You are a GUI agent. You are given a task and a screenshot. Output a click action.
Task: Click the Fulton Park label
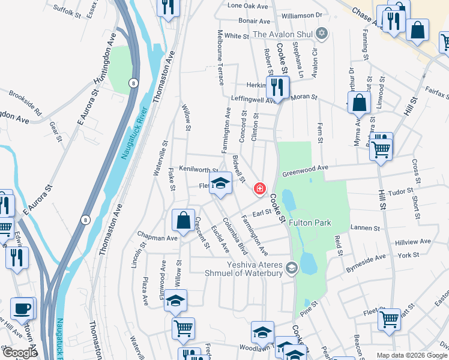coord(310,223)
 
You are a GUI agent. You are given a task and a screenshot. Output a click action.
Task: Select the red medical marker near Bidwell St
coord(259,189)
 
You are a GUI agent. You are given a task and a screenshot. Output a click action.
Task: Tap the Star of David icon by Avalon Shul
coord(322,32)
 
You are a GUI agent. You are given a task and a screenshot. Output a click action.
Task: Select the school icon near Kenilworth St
coord(220,183)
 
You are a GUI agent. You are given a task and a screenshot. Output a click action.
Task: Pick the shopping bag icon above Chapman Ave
coord(183,220)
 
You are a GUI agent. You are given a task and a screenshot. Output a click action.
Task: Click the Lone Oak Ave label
coord(248,5)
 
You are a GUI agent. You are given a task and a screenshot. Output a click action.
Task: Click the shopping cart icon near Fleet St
coord(389,319)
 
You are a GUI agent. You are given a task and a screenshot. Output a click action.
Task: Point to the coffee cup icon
coord(23,308)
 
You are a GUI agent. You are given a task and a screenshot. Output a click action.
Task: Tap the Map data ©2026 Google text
coord(412,355)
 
